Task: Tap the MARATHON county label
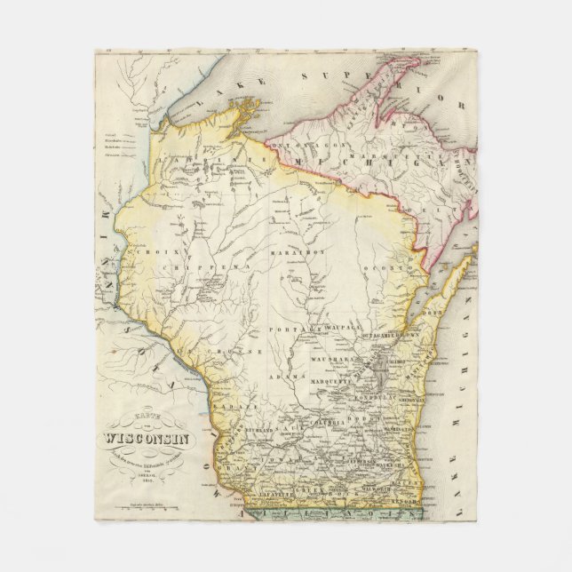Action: pyautogui.click(x=305, y=252)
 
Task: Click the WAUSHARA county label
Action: pyautogui.click(x=335, y=362)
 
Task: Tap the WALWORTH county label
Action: pyautogui.click(x=383, y=487)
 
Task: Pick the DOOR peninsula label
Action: pyautogui.click(x=433, y=314)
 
